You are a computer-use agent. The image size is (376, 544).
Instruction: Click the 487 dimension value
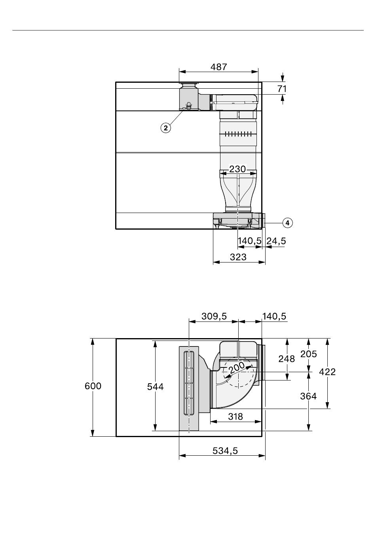[218, 67]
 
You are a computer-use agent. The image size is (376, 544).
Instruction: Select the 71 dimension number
[282, 89]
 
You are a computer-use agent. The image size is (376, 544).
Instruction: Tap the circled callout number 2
[165, 128]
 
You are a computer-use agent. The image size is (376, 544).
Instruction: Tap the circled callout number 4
[287, 223]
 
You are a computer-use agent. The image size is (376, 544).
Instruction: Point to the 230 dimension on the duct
[237, 169]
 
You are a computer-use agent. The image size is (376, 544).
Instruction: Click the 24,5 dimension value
[276, 241]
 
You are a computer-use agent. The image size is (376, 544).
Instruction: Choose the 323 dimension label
[238, 257]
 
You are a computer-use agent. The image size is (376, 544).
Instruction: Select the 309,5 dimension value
[214, 316]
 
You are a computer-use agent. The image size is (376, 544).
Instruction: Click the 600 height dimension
[93, 386]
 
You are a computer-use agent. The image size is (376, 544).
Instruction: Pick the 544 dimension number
[156, 387]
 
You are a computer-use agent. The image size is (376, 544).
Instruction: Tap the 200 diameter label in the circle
[236, 368]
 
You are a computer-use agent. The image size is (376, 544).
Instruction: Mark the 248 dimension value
[287, 359]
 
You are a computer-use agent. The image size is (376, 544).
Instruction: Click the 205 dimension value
[309, 354]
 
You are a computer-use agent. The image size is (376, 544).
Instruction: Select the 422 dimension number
[327, 371]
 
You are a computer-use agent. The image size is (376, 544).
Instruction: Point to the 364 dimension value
[308, 396]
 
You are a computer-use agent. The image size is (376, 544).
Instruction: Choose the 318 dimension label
[235, 417]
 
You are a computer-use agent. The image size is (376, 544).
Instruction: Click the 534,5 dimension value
[225, 451]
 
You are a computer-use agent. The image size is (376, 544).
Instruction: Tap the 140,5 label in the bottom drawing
[274, 316]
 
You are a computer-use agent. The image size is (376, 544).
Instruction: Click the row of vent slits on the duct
[237, 134]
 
